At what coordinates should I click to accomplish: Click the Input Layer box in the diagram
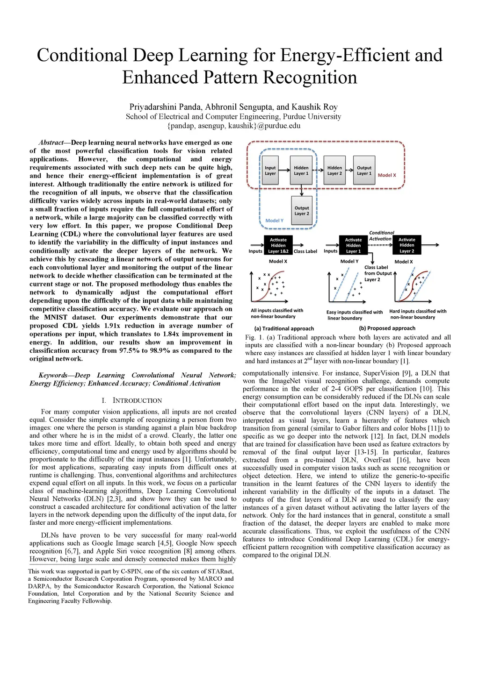pyautogui.click(x=270, y=171)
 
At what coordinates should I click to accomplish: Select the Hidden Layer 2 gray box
pyautogui.click(x=334, y=171)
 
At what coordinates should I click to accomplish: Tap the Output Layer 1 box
pyautogui.click(x=364, y=171)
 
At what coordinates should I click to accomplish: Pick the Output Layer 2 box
pyautogui.click(x=302, y=211)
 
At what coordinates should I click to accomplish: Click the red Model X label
pyautogui.click(x=387, y=175)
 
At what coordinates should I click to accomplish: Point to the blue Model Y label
pyautogui.click(x=275, y=221)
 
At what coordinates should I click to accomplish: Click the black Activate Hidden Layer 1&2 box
pyautogui.click(x=278, y=245)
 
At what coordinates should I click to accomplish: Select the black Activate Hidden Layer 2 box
pyautogui.click(x=407, y=245)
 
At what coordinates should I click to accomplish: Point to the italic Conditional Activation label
pyautogui.click(x=381, y=236)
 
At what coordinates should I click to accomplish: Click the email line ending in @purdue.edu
pyautogui.click(x=233, y=126)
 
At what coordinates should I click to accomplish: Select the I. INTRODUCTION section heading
pyautogui.click(x=132, y=400)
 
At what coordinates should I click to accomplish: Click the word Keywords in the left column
pyautogui.click(x=53, y=375)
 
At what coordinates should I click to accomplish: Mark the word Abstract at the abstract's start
pyautogui.click(x=51, y=143)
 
